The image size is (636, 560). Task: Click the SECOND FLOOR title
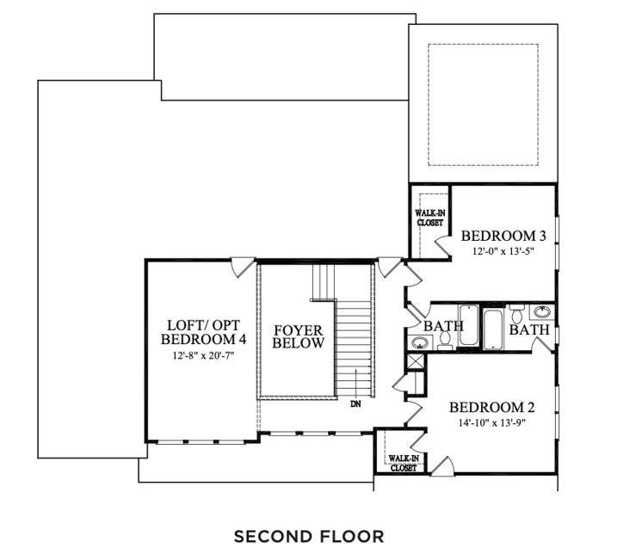click(309, 537)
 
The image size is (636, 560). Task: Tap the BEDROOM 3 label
click(503, 236)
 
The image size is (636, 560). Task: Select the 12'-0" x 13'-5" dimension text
click(503, 251)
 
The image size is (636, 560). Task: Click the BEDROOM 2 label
click(492, 407)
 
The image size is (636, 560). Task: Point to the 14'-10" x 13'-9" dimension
click(492, 423)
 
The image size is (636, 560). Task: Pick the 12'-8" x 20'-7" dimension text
click(204, 355)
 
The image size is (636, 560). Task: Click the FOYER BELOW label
click(298, 336)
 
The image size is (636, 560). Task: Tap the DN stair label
click(355, 404)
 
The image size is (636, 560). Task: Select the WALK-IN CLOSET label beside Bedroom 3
click(430, 218)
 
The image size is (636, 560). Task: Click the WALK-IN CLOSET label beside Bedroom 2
click(404, 463)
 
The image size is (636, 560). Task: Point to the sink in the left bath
click(420, 343)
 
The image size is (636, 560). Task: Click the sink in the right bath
click(542, 312)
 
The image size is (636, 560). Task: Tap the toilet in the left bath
click(445, 341)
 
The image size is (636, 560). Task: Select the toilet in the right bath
click(516, 312)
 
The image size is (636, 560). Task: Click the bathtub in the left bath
click(469, 325)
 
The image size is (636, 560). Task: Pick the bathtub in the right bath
click(493, 329)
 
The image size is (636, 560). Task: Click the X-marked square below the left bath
click(415, 360)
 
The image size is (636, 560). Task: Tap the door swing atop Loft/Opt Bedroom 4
click(243, 268)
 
